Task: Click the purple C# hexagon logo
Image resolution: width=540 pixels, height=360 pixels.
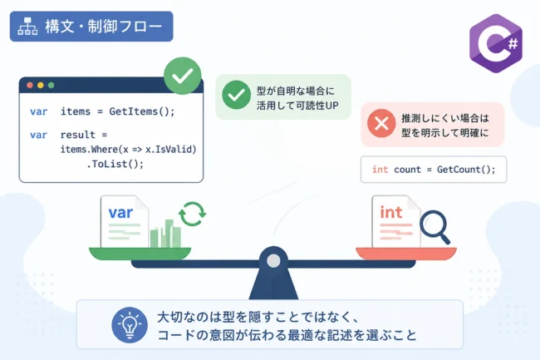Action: coord(496,43)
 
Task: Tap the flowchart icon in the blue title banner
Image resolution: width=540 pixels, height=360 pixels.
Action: coord(27,26)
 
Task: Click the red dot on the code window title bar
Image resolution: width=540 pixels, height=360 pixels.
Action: coord(30,85)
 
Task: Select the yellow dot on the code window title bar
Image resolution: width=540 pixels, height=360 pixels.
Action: coord(41,85)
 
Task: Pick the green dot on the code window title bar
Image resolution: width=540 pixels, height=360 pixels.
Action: coord(52,85)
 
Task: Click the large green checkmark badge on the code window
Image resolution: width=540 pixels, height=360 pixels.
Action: coord(183,76)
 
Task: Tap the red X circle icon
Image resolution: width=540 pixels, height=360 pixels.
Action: coord(381,123)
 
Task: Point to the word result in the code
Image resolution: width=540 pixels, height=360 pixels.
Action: coord(78,135)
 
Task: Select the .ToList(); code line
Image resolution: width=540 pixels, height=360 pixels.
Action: coord(115,164)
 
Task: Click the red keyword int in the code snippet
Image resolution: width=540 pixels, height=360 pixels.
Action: coord(380,170)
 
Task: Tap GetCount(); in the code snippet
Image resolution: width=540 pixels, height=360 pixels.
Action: coord(466,170)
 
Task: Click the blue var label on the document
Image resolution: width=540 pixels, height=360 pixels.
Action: coord(120,213)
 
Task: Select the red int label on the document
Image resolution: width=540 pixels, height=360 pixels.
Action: coord(391,212)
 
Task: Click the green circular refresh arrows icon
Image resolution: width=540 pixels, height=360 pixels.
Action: coord(192,214)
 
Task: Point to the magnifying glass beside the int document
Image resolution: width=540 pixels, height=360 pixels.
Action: coord(434,225)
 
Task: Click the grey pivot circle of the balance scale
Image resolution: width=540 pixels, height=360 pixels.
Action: coord(273,261)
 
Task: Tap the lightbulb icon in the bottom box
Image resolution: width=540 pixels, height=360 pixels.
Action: coord(130,325)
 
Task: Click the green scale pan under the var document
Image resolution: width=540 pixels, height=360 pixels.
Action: coord(140,254)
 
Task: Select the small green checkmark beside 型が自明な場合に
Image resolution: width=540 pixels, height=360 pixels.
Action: coord(236,95)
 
